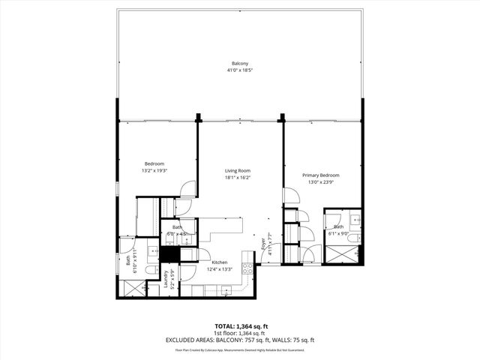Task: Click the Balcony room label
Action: coord(239,64)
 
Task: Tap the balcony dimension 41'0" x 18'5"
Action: coord(239,70)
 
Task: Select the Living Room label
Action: coord(238,171)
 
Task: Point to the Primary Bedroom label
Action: coord(321,175)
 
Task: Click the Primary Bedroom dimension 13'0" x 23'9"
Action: coord(321,181)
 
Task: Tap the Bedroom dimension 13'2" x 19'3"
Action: coord(154,170)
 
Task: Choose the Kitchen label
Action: coord(220,262)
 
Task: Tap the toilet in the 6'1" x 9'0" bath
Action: coord(355,238)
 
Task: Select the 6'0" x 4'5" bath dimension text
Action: coord(177,234)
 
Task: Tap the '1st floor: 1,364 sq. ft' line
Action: coord(239,334)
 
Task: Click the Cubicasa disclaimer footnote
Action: coord(239,349)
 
